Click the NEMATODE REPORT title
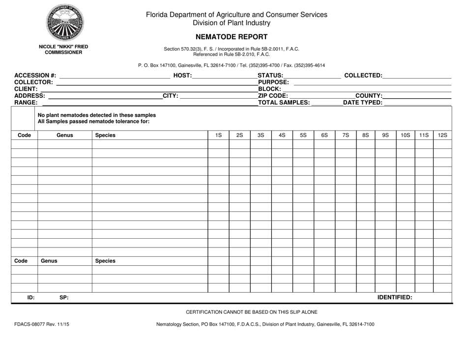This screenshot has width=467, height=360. click(232, 36)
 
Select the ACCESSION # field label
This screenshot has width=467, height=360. click(35, 75)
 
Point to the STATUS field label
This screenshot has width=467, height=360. click(270, 75)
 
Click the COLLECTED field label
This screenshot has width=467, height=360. click(363, 75)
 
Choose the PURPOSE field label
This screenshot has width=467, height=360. click(273, 82)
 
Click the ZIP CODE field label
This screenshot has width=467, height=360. click(273, 96)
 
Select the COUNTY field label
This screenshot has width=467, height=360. click(369, 96)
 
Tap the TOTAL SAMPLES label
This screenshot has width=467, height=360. click(284, 103)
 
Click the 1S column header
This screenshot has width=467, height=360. click(218, 135)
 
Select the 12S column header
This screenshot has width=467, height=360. click(442, 135)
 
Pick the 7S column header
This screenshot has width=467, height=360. click(346, 135)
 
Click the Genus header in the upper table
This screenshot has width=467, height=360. click(64, 135)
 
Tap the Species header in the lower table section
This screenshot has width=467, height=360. click(105, 261)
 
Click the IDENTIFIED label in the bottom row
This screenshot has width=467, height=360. click(394, 297)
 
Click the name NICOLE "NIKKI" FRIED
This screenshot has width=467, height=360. click(64, 47)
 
